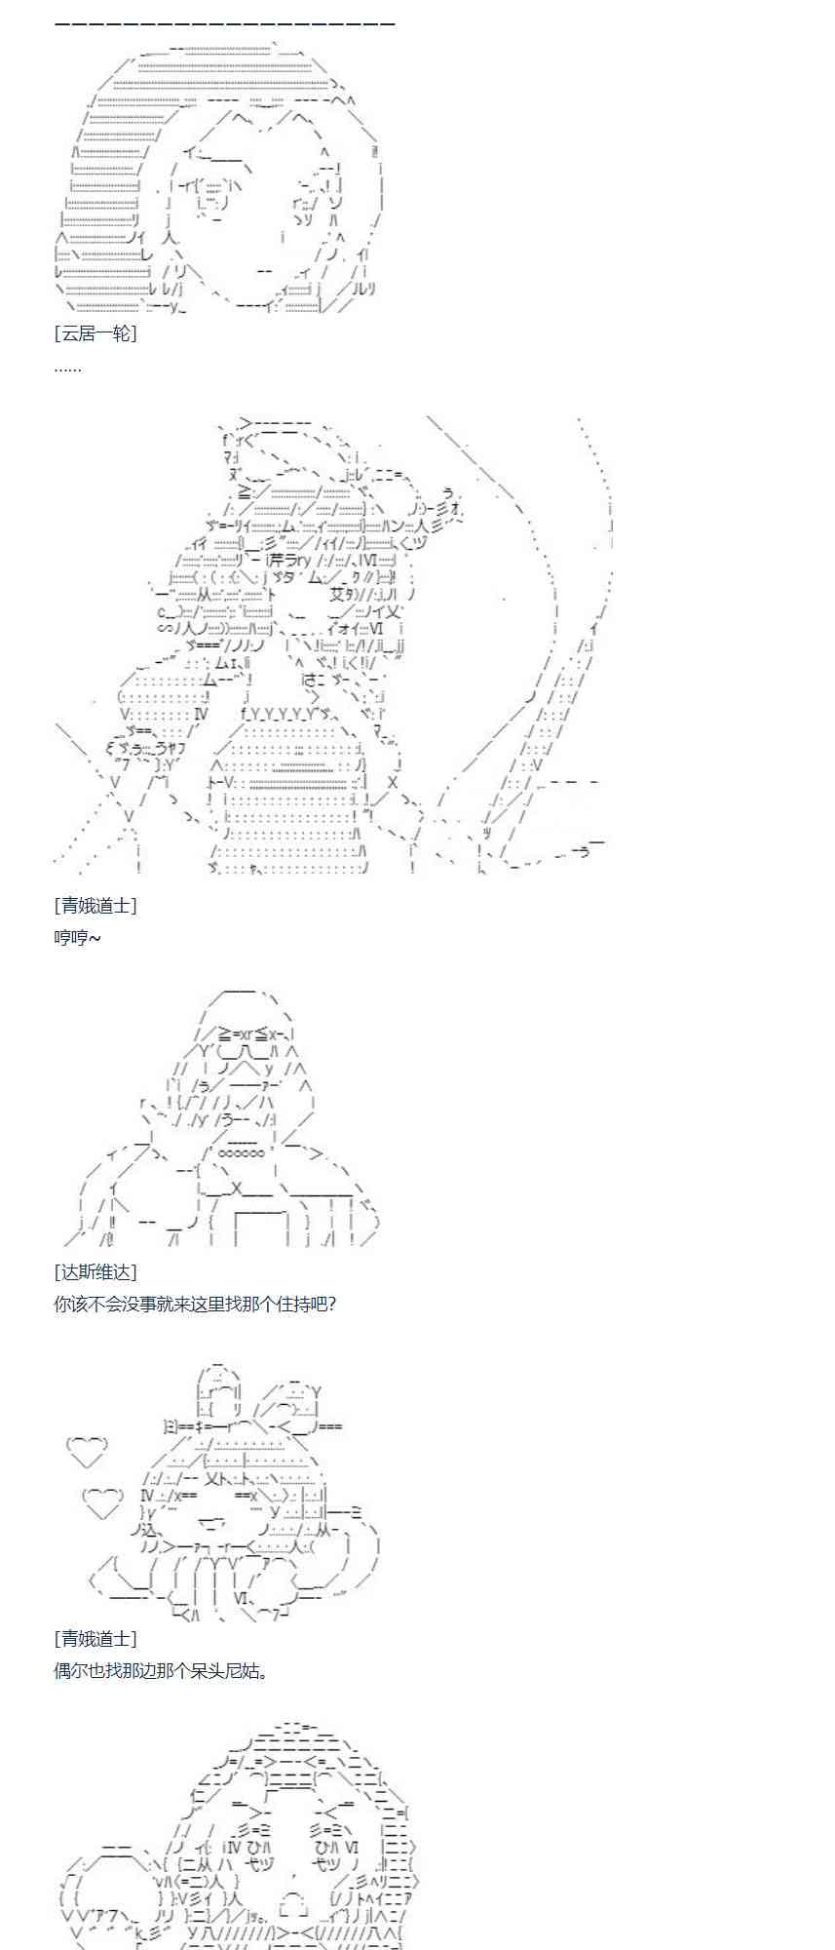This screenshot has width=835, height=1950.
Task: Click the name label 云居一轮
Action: [x=95, y=333]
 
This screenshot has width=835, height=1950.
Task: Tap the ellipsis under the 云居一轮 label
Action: [x=67, y=368]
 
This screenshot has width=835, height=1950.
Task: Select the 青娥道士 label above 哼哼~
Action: [x=95, y=905]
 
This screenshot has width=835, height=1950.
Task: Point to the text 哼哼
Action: [x=70, y=937]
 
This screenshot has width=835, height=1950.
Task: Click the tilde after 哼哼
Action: [x=95, y=937]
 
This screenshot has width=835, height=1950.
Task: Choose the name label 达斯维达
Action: [x=95, y=1271]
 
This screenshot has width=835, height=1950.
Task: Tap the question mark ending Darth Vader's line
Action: [x=331, y=1304]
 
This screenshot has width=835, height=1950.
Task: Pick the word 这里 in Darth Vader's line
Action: [x=209, y=1304]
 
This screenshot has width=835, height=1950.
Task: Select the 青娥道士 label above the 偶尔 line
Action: [x=95, y=1638]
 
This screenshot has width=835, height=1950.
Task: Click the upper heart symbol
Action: [x=87, y=1452]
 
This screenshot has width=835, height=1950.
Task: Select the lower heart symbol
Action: [x=102, y=1502]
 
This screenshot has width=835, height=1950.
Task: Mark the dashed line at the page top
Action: [x=225, y=22]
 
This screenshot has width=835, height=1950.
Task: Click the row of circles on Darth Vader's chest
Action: [x=240, y=1151]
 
